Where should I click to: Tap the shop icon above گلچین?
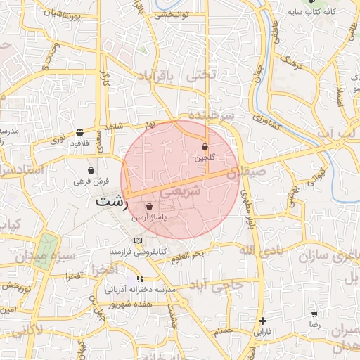click(x=205, y=147)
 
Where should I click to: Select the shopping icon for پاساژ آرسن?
click(x=149, y=206)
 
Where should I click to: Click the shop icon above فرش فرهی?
click(x=91, y=170)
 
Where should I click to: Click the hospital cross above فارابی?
click(x=262, y=320)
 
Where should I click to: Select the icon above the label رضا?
click(x=314, y=314)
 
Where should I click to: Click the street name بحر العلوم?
click(x=187, y=257)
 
